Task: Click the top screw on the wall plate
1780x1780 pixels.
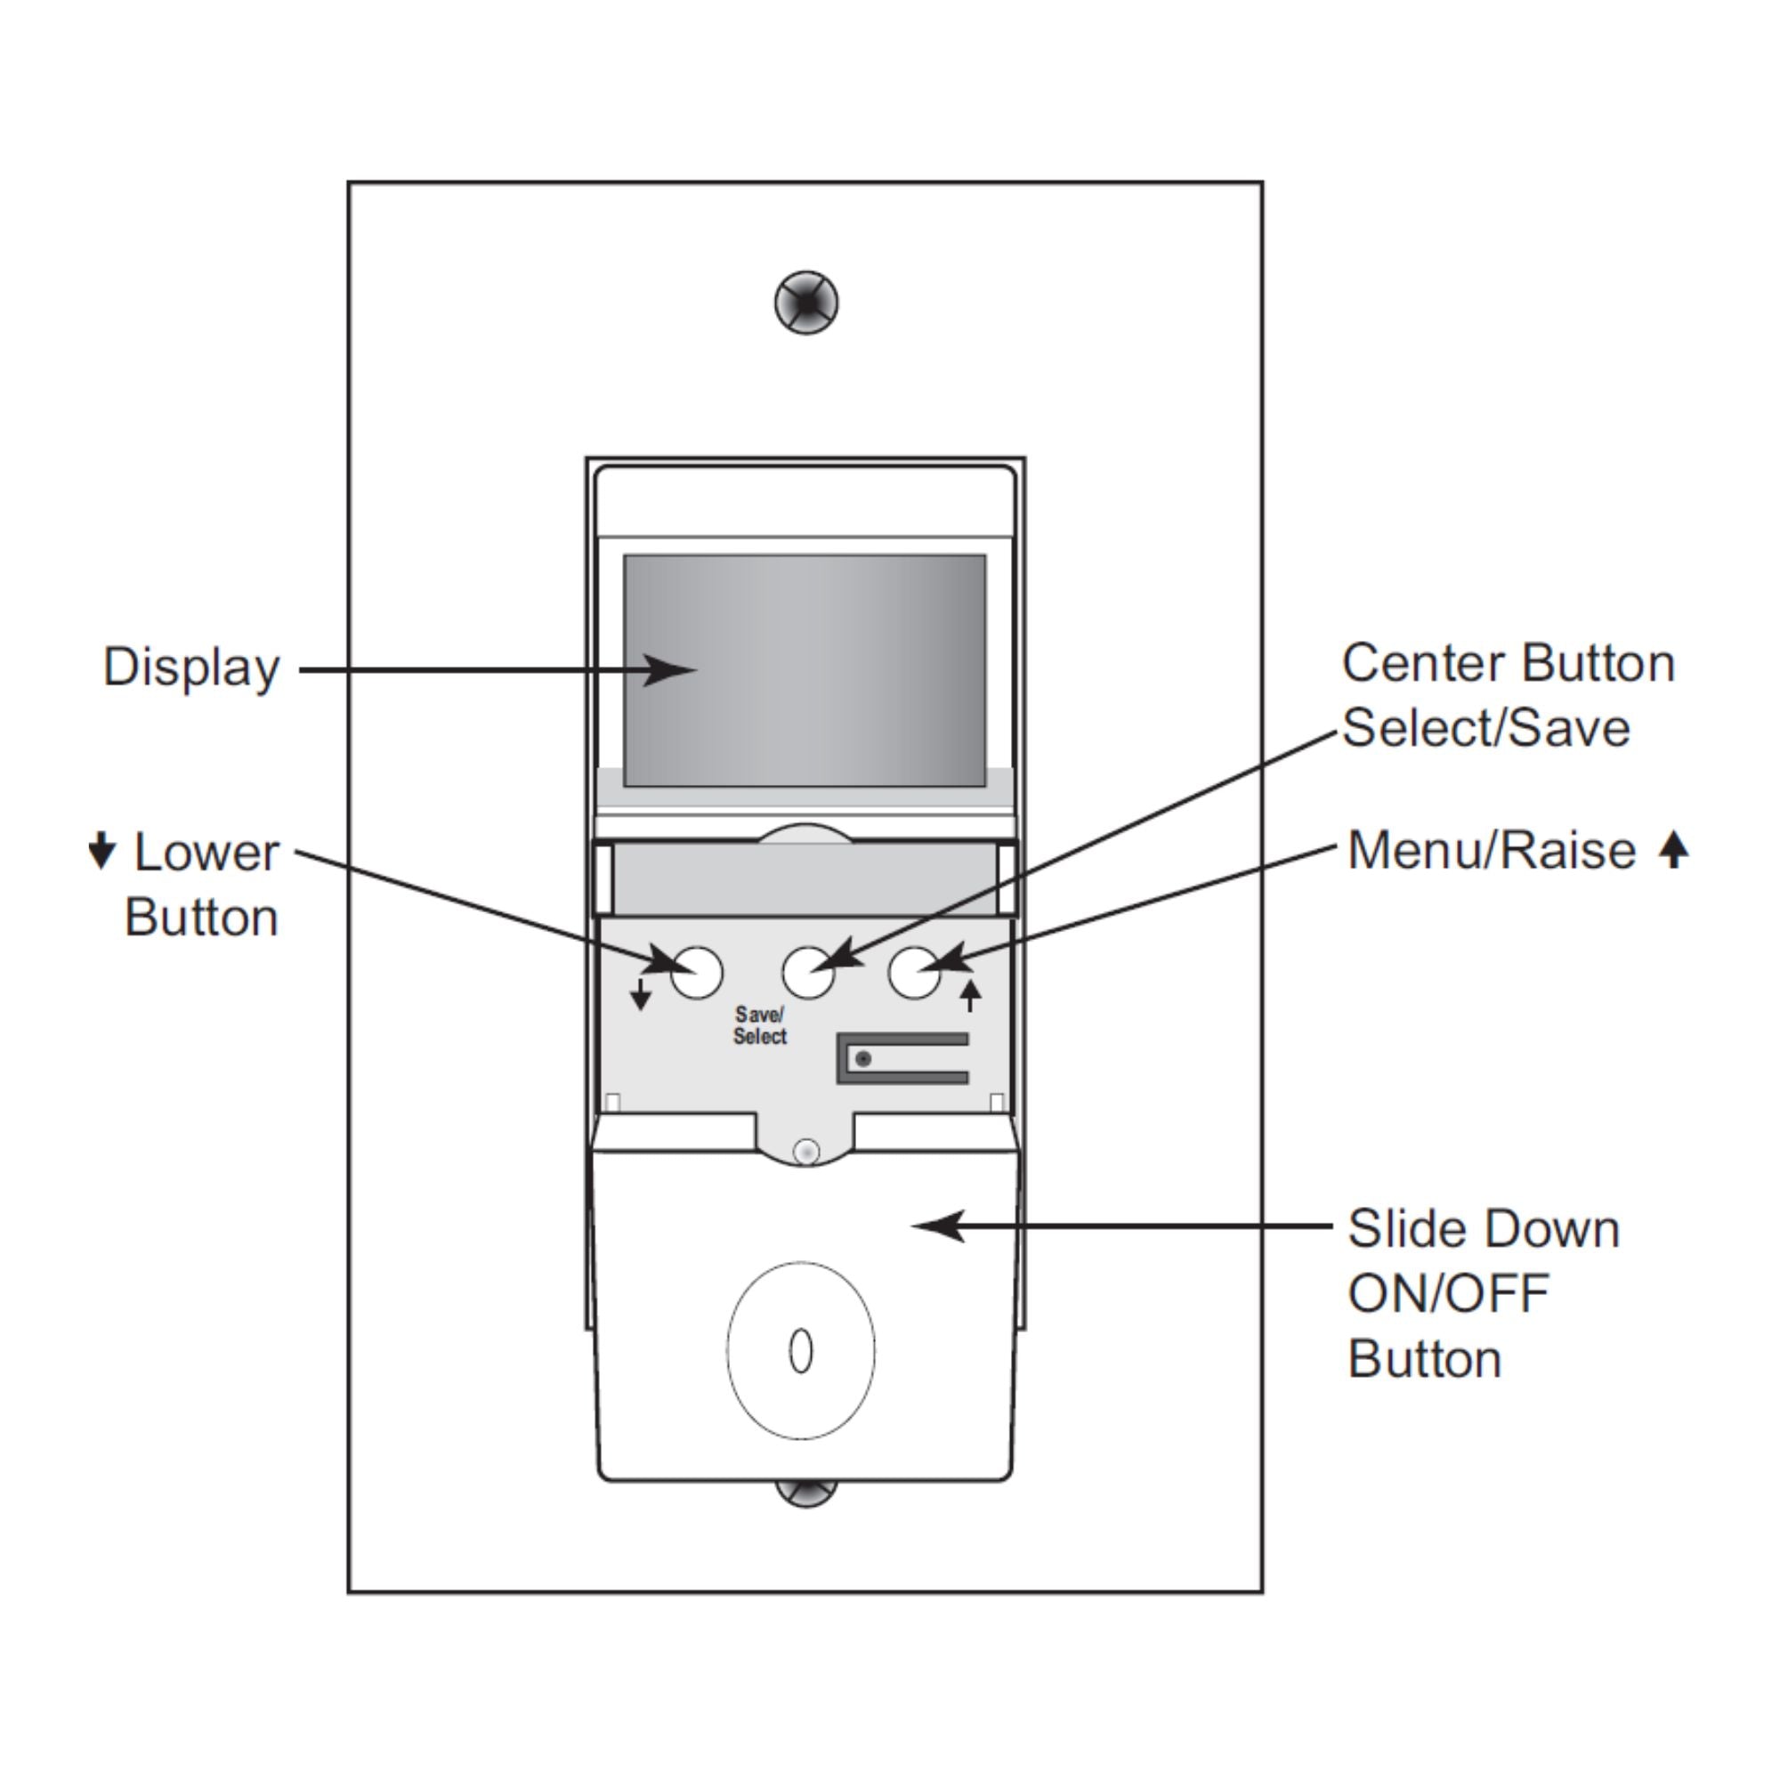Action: point(806,303)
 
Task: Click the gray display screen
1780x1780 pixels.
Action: point(805,670)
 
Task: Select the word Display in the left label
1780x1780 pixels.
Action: point(190,667)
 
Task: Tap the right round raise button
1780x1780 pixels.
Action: point(914,972)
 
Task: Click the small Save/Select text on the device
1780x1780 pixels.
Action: point(759,1025)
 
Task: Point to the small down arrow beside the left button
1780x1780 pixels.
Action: point(640,995)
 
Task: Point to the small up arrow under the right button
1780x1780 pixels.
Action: point(970,996)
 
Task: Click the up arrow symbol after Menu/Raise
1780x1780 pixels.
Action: point(1673,849)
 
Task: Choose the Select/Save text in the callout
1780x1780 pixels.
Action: point(1486,728)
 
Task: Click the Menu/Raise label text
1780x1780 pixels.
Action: point(1491,849)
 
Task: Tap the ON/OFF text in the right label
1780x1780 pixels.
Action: point(1448,1293)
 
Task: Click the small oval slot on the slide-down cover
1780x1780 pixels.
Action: point(801,1352)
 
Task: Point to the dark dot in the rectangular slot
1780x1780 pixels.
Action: point(863,1058)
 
